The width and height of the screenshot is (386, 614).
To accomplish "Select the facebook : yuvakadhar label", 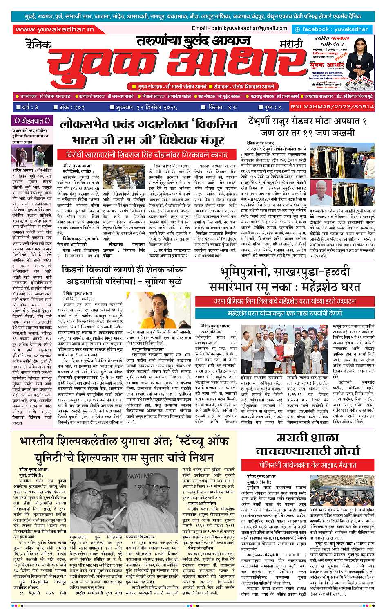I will click(331, 29).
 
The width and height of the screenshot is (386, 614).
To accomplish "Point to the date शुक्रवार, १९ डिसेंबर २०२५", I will click(146, 107).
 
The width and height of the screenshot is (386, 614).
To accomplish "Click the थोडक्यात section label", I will click(32, 121).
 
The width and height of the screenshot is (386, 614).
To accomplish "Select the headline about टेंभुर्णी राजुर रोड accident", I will click(307, 127).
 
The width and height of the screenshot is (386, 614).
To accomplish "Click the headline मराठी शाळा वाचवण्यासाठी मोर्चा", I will click(307, 444).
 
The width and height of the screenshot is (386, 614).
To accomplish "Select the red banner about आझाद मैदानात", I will click(308, 465).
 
